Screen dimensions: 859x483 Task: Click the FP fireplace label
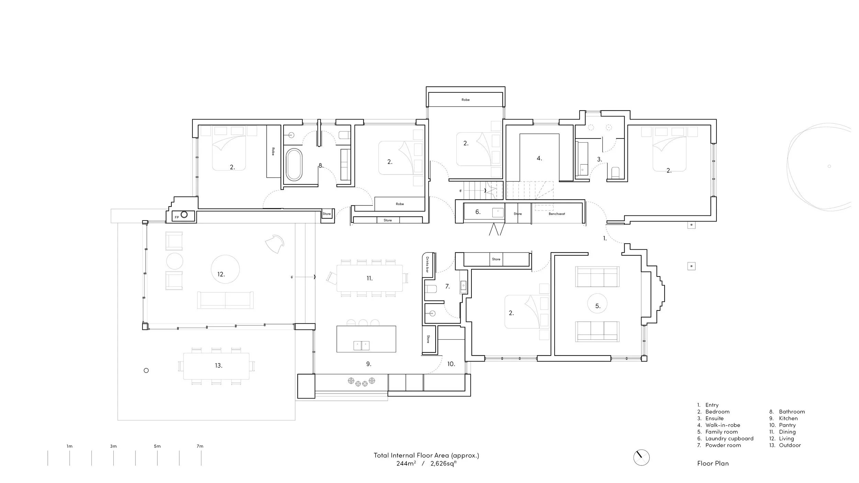click(x=177, y=217)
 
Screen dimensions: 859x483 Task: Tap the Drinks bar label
click(x=427, y=265)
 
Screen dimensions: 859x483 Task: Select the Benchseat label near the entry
click(x=557, y=214)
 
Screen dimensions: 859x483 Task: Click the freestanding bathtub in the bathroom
click(x=294, y=165)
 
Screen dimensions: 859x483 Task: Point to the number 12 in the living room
click(x=221, y=274)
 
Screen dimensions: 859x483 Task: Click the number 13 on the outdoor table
click(x=219, y=366)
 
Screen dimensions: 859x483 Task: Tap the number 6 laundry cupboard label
click(x=478, y=212)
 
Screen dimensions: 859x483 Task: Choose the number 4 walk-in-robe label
click(x=539, y=158)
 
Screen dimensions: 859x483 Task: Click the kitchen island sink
click(x=361, y=345)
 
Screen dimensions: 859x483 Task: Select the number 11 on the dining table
click(x=369, y=278)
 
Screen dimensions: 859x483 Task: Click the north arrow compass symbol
click(x=641, y=458)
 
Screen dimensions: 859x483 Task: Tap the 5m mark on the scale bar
click(x=157, y=446)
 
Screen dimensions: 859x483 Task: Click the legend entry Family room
click(x=721, y=432)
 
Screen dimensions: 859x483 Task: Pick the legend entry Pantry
click(x=787, y=425)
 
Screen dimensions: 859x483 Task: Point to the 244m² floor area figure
click(x=406, y=463)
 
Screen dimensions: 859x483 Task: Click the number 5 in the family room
click(x=598, y=306)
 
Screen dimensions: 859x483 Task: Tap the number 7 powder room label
click(x=447, y=286)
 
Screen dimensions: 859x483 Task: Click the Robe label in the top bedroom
click(x=466, y=100)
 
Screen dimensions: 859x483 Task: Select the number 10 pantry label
click(x=451, y=364)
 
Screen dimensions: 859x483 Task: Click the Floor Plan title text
click(x=713, y=463)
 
